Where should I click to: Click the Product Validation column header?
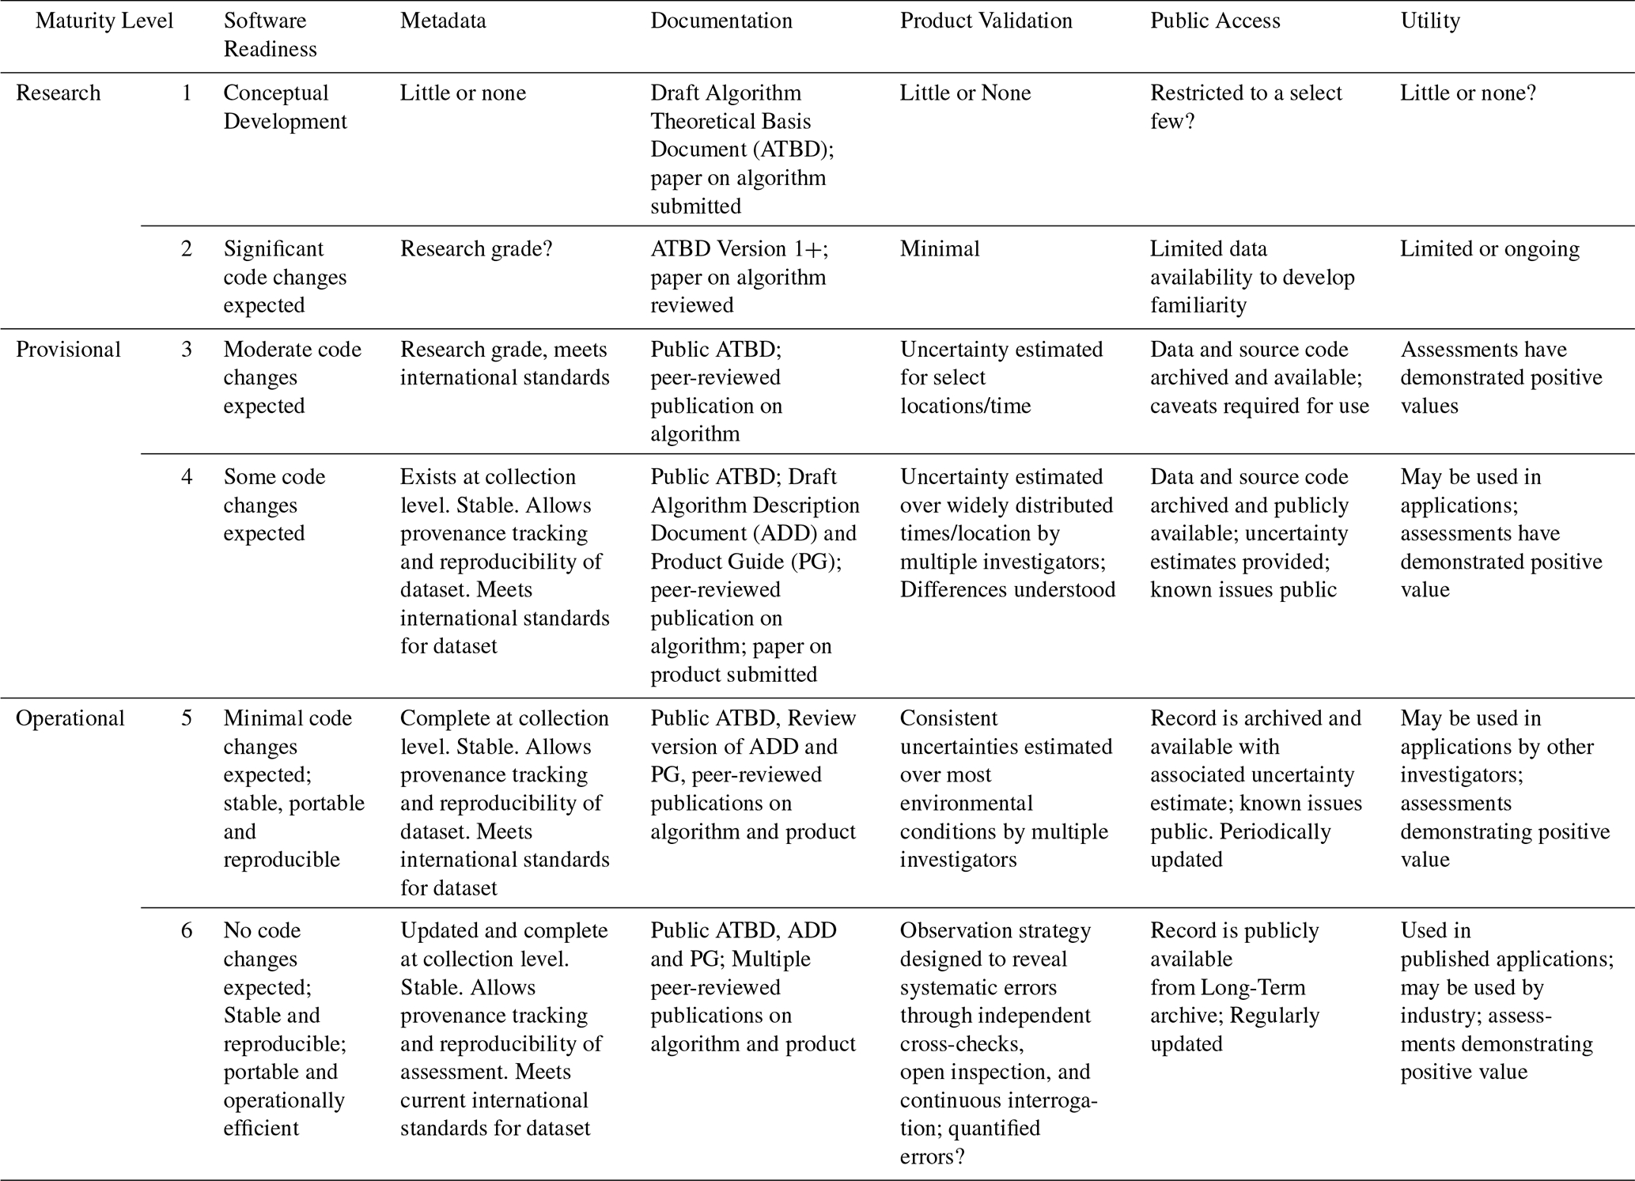(x=986, y=21)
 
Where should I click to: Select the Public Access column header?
(x=1215, y=21)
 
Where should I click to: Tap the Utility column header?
(x=1430, y=21)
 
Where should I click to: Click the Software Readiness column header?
(x=270, y=35)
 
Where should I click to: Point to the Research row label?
(x=59, y=93)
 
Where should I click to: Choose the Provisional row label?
(x=68, y=350)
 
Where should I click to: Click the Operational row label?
(x=70, y=718)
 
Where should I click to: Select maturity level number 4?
(x=187, y=477)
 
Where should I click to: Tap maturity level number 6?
(x=187, y=930)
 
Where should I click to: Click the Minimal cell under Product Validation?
(x=940, y=249)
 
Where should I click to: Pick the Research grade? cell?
(x=476, y=249)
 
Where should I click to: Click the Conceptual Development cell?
(x=285, y=107)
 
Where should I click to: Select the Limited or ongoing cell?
(x=1489, y=249)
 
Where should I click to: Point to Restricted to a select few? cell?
(x=1246, y=107)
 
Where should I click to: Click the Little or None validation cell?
(x=965, y=93)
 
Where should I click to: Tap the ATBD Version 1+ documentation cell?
(x=739, y=277)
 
